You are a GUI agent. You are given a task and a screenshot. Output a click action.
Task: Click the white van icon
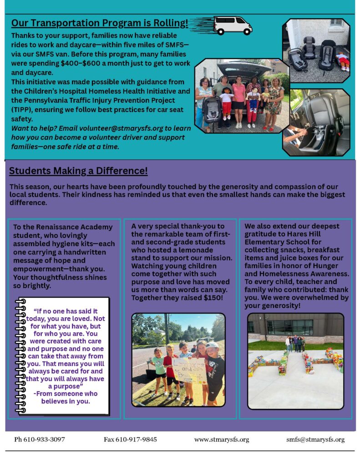(232, 25)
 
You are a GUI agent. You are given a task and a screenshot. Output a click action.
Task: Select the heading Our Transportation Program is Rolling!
(99, 23)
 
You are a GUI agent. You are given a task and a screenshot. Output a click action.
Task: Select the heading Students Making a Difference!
(78, 171)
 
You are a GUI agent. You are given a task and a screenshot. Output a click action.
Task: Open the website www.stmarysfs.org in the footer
(222, 440)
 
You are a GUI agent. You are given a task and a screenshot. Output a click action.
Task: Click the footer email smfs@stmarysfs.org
(315, 440)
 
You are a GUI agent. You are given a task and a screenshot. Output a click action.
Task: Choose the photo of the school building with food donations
(295, 360)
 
